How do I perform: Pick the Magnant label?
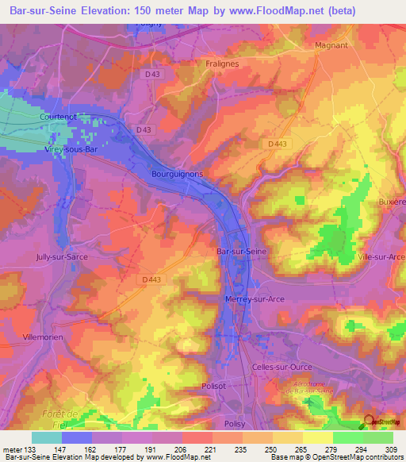331,45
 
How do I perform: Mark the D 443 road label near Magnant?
277,143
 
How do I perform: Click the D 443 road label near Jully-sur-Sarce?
152,279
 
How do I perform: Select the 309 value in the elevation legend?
392,449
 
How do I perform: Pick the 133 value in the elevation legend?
32,449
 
